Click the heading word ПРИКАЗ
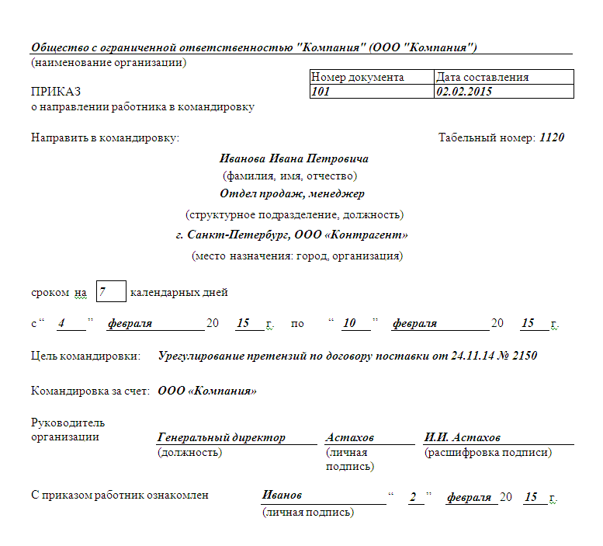pos(56,92)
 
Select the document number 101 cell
pos(321,92)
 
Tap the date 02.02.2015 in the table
pos(464,92)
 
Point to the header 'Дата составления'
pos(483,78)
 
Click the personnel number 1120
pos(552,137)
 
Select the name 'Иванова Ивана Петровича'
pos(294,158)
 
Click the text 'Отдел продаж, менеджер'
pos(292,193)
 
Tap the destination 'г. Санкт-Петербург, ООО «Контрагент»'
pos(292,234)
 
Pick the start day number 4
pos(61,323)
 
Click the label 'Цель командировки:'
pos(85,356)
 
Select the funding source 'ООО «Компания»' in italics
pos(207,391)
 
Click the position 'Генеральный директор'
pos(221,437)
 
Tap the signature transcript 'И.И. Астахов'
pos(462,437)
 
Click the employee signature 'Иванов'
pos(282,496)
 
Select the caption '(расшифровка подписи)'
pos(487,452)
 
